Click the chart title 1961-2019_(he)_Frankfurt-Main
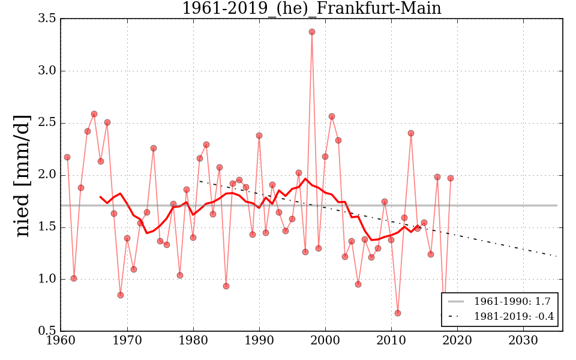(x=311, y=8)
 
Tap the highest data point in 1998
(x=312, y=32)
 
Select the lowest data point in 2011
(x=398, y=313)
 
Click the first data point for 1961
(x=67, y=157)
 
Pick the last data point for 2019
(x=451, y=178)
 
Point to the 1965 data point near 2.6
(x=94, y=114)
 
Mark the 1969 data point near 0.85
(x=121, y=295)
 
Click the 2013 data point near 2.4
(x=411, y=133)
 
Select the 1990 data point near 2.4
(x=259, y=136)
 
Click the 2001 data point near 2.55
(x=332, y=116)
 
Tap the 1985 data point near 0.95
(x=226, y=286)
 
